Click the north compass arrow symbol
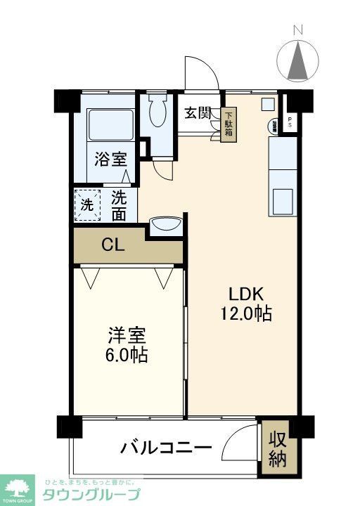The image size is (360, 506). point(299,60)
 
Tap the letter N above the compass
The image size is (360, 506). point(298,30)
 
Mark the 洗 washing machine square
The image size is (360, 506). point(88,206)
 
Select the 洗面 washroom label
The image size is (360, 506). point(119,206)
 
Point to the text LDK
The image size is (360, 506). point(244,294)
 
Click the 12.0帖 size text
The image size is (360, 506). point(244,313)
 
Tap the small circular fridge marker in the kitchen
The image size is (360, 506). point(272,126)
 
